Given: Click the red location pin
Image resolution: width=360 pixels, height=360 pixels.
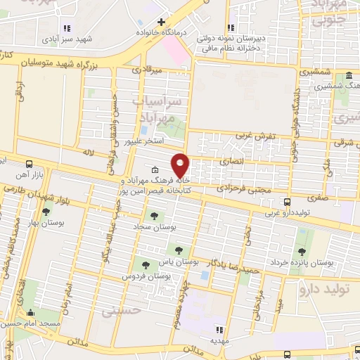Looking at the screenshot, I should pos(181,165).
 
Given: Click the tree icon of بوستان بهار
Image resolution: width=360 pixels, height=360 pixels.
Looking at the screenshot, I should pos(46,212).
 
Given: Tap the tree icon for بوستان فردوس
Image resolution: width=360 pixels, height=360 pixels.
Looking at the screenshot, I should pos(146,265).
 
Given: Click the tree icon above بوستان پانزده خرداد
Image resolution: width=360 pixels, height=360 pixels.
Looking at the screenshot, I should pos(302,251).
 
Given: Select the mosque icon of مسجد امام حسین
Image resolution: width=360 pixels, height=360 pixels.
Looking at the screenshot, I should pos(29,314).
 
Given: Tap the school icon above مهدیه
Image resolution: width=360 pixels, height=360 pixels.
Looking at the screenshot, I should pos(219,328).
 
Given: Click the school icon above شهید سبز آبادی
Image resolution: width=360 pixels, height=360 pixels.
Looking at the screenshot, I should pos(67,29).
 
